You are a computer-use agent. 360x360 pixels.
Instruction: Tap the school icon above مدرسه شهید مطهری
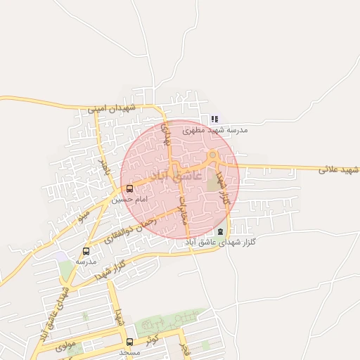(x=214, y=120)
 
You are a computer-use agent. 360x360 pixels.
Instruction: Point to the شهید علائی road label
(x=338, y=170)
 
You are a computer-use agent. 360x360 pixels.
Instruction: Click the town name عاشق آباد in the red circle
(x=176, y=174)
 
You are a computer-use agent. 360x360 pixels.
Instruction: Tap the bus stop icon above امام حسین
(x=129, y=188)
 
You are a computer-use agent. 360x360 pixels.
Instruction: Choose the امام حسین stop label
(x=129, y=200)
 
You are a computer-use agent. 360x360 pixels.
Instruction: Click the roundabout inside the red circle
(x=212, y=155)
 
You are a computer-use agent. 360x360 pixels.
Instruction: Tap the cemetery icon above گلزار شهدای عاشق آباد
(x=221, y=231)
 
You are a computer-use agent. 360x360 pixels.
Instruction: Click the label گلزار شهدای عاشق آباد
(x=220, y=242)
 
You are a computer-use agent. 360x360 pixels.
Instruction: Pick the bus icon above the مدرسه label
(x=86, y=251)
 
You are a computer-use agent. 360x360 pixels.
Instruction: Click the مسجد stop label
(x=129, y=352)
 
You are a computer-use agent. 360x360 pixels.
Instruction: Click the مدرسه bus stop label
(x=86, y=262)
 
